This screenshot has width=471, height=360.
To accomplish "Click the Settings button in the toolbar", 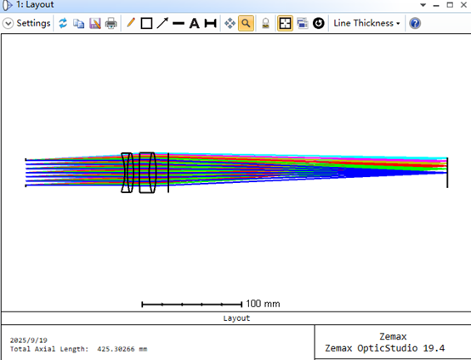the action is tap(26, 23).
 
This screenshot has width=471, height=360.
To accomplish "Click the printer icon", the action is tap(111, 23).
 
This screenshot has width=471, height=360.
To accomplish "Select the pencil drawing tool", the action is tap(131, 23).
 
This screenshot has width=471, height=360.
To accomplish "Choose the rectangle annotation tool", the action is tap(146, 23).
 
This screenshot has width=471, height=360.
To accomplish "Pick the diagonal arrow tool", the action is tap(162, 23).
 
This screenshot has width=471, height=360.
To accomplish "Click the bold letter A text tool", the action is tap(195, 23).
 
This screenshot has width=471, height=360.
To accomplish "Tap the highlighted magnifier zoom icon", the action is tap(246, 23).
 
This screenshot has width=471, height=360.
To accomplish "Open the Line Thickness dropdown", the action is tap(366, 23).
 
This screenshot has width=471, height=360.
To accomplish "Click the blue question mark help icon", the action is tap(415, 23).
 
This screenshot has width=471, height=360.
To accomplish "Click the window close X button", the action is tap(463, 5).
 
